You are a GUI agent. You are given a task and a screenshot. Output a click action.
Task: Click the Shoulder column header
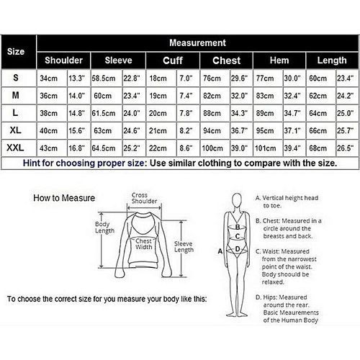coord(63,60)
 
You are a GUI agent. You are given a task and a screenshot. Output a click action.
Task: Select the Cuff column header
coord(173,60)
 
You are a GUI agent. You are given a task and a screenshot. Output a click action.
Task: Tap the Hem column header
coord(279,60)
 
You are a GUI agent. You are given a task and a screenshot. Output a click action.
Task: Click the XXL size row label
coord(15,148)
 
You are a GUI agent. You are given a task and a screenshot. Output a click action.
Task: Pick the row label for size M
coord(16,95)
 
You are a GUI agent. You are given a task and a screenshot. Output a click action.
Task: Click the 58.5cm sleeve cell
coord(104,78)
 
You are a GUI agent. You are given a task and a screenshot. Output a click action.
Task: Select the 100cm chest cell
coord(212,148)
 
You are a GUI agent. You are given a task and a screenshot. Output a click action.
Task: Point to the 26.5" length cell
coord(345,148)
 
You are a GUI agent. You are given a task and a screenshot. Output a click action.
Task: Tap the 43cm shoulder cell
coord(48,148)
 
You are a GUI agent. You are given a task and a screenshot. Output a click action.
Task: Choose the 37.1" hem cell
coord(292,130)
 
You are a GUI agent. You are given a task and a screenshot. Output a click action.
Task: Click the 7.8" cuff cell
coord(186,113)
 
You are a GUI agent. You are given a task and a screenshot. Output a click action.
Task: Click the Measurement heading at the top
coord(197,43)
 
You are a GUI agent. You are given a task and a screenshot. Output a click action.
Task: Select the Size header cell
coord(16,51)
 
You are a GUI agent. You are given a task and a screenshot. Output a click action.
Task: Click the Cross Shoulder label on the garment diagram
coord(144,198)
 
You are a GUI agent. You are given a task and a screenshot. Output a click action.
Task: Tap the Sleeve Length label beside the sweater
coord(184,247)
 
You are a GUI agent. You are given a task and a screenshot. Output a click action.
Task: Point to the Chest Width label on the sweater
coord(144,244)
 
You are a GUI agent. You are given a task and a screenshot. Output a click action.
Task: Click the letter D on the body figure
coord(238,249)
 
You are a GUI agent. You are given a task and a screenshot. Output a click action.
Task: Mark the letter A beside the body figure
coord(220,251)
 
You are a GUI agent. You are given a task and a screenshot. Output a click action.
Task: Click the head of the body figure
coord(237,201)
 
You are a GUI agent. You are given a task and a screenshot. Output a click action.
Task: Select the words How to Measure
coord(64,198)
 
